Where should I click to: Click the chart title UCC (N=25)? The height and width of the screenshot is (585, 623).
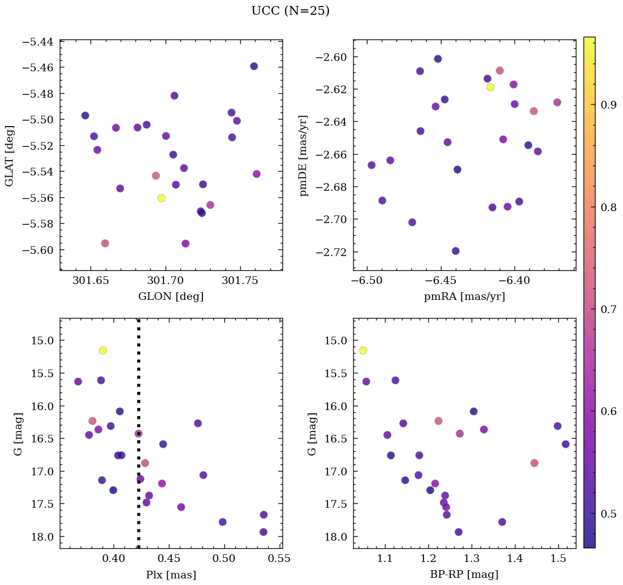290,11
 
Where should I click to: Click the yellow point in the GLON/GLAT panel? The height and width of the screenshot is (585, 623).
161,198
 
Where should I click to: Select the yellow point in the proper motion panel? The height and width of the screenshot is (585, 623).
490,87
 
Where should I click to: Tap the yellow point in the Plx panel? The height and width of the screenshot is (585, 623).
103,350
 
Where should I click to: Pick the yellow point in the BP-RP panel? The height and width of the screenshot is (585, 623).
363,350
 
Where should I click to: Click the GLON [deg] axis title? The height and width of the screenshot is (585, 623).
171,297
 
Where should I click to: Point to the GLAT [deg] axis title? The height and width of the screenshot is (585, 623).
10,156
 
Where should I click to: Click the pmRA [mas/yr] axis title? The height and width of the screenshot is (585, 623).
465,297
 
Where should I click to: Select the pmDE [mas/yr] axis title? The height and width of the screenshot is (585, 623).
303,156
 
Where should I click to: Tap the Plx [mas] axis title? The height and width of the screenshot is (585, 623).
171,575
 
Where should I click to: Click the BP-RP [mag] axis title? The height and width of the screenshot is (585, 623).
465,575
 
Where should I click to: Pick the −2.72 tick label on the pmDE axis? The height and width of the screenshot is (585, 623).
331,252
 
